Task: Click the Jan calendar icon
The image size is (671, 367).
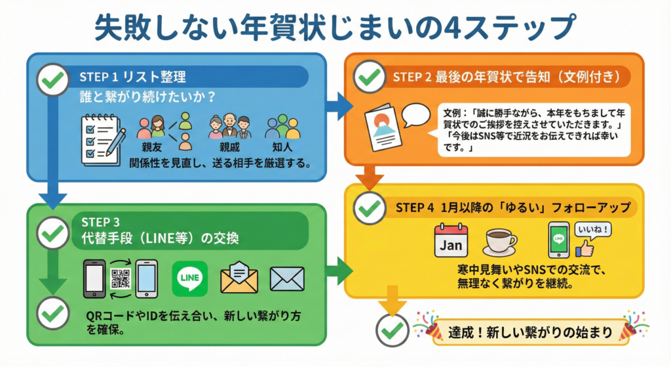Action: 451,240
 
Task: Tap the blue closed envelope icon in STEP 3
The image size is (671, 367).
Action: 286,279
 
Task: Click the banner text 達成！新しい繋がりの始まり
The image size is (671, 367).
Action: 530,332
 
